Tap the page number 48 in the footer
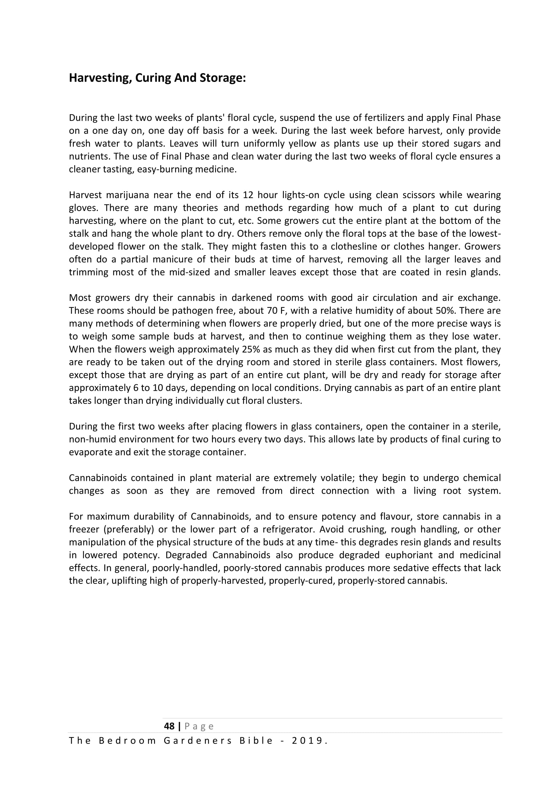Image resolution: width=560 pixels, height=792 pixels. click(x=169, y=726)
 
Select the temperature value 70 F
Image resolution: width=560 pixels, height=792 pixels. click(x=278, y=311)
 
